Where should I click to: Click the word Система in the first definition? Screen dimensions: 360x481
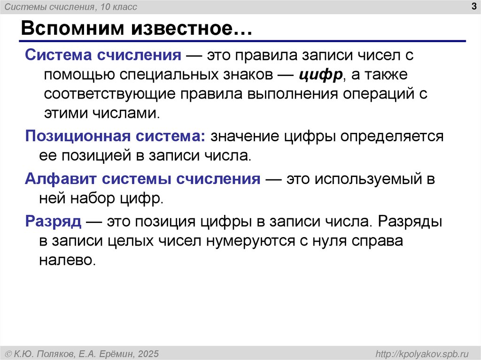pos(58,55)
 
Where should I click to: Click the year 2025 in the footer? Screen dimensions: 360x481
pos(148,353)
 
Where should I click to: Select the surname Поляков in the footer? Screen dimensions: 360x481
pos(62,353)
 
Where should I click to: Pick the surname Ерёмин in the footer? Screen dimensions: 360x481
pos(116,353)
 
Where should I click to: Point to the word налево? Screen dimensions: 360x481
pos(70,260)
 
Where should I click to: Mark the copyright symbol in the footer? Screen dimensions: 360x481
pos(8,353)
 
